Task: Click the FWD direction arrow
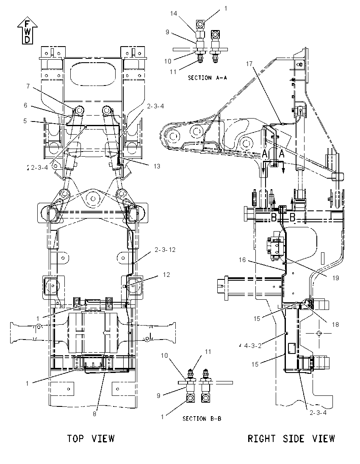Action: click(x=27, y=31)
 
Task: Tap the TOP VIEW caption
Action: click(x=91, y=438)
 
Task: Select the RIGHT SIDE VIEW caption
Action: click(x=291, y=438)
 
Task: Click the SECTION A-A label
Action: click(x=207, y=78)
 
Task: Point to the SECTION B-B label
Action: click(x=202, y=419)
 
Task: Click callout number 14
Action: click(x=174, y=13)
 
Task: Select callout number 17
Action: click(x=249, y=64)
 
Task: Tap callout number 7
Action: click(x=28, y=86)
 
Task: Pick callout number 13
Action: click(x=157, y=166)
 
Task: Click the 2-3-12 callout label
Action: click(x=165, y=250)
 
